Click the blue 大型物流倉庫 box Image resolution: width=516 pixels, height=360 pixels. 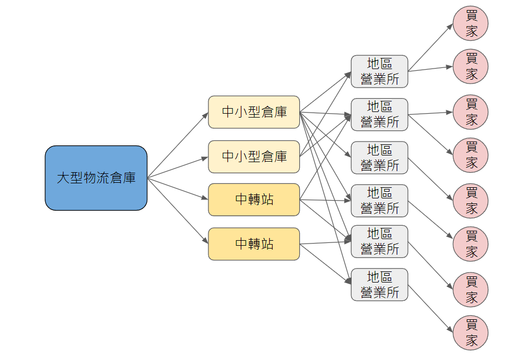(x=96, y=178)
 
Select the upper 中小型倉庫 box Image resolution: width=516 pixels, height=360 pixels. (x=254, y=112)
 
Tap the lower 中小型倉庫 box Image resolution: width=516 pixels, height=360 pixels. (x=254, y=157)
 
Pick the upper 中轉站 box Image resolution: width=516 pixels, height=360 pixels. (x=254, y=200)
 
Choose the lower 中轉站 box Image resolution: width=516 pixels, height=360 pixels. (x=254, y=244)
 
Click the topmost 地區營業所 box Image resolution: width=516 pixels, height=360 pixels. (x=379, y=71)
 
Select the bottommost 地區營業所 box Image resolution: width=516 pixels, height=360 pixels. (x=379, y=285)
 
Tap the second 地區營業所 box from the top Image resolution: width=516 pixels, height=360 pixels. (x=379, y=114)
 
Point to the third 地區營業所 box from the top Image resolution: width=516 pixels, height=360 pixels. (x=379, y=158)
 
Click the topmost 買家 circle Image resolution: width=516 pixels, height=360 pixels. (x=471, y=23)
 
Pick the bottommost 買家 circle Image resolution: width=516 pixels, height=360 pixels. (x=471, y=333)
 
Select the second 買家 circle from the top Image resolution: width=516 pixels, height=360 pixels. (x=471, y=66)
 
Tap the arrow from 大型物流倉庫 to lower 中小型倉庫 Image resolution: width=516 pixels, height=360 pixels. (x=177, y=167)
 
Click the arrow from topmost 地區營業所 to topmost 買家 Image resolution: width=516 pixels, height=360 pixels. (x=430, y=47)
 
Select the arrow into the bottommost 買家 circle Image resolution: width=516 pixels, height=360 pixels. (x=430, y=309)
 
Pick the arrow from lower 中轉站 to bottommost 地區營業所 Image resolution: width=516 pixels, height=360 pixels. (x=325, y=265)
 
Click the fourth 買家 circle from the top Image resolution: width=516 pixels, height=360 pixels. (x=471, y=155)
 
